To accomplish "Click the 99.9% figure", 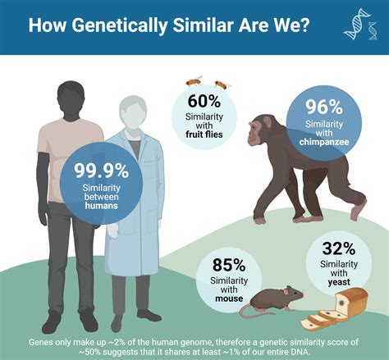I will [102, 171].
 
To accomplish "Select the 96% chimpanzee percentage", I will [323, 108].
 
